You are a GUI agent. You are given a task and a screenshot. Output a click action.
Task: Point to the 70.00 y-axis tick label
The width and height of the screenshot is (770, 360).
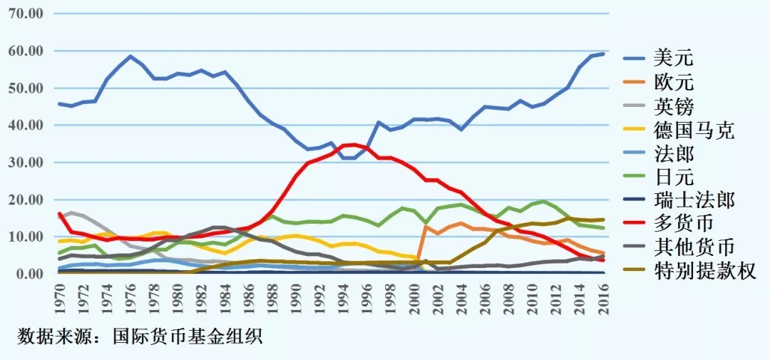[26, 14]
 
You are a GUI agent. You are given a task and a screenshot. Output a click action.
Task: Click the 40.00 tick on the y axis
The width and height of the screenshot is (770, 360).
[26, 125]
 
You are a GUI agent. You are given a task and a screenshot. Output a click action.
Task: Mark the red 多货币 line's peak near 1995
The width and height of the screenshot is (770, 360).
[355, 145]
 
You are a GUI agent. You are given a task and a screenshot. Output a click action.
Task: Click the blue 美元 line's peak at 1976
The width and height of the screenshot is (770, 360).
[130, 56]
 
